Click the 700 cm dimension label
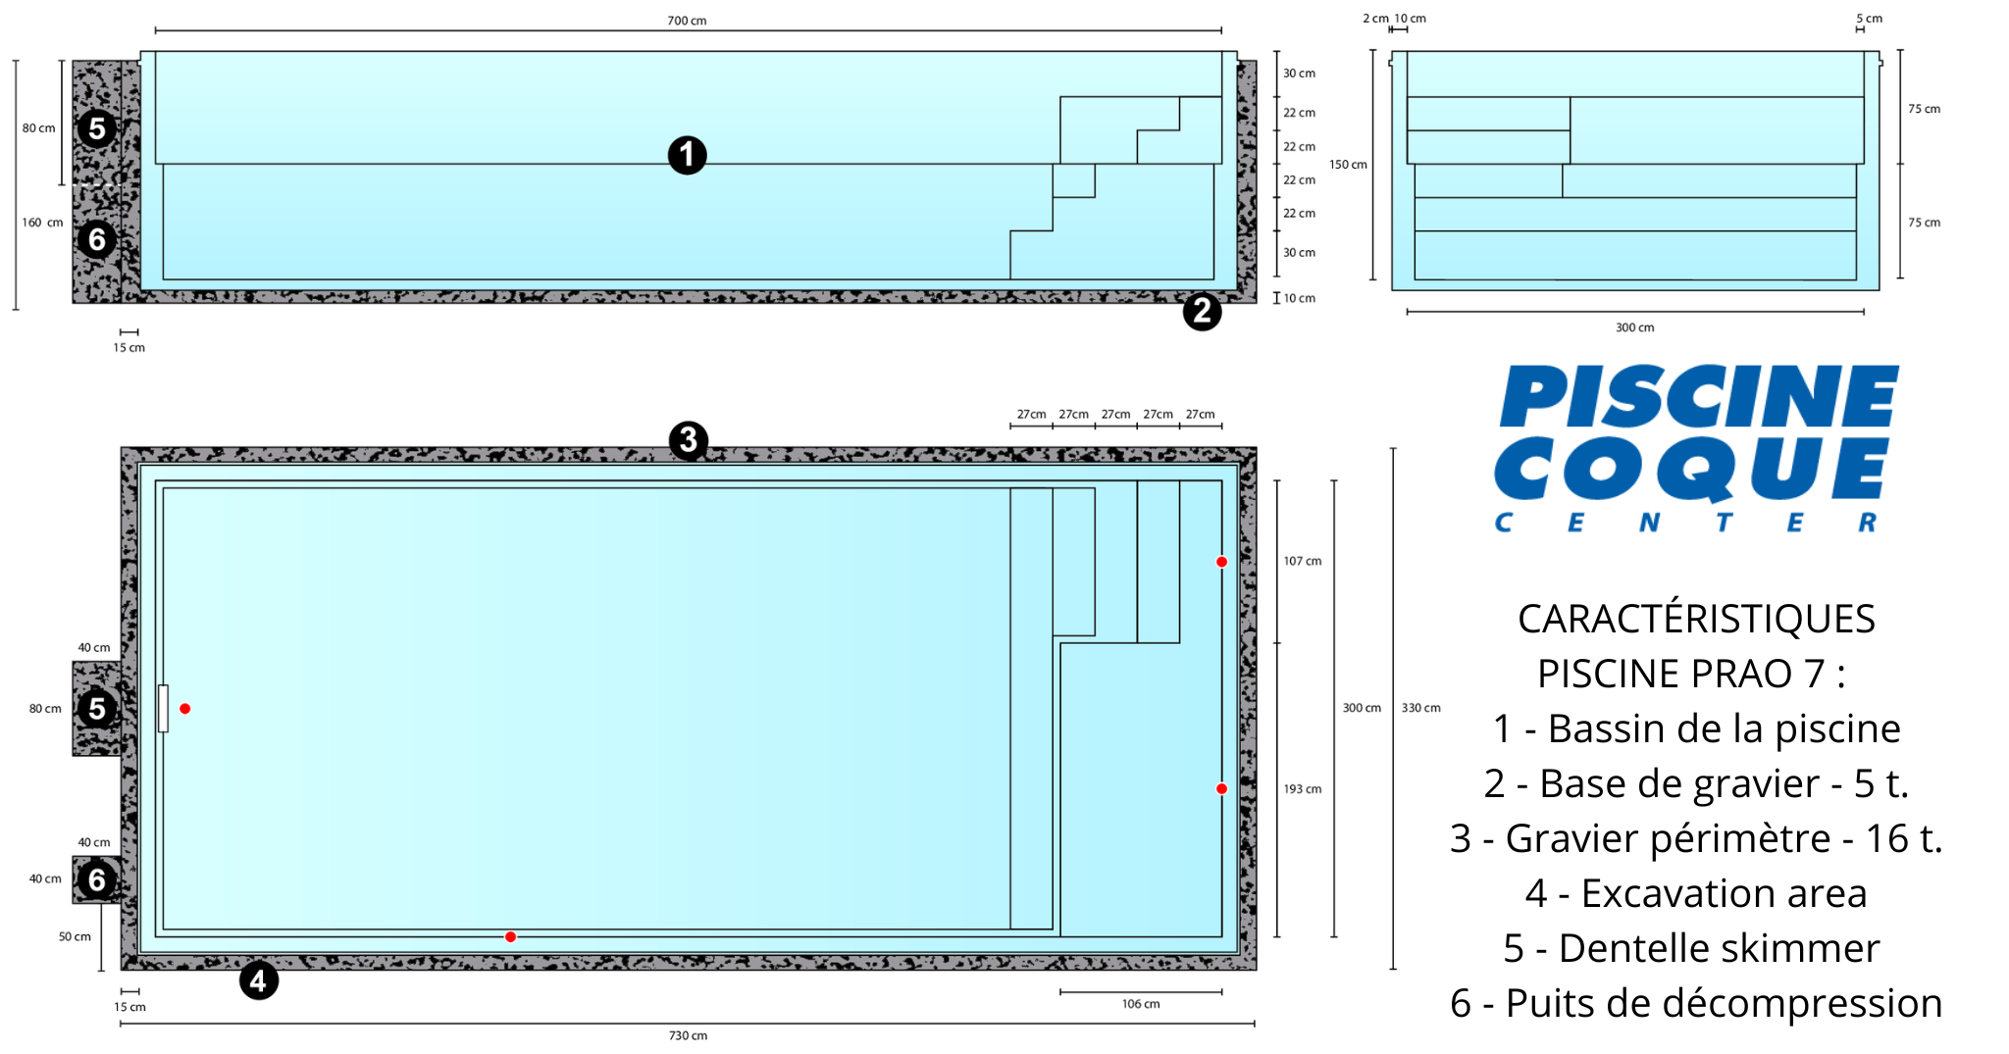pos(687,21)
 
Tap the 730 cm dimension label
pos(688,1035)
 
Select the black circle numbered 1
pos(688,155)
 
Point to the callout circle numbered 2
pos(1202,312)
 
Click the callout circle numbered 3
pos(689,440)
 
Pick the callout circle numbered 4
pos(259,980)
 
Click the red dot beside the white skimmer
pos(184,709)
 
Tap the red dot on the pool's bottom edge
pos(510,937)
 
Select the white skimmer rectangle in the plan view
pos(163,709)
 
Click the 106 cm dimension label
pos(1141,1004)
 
